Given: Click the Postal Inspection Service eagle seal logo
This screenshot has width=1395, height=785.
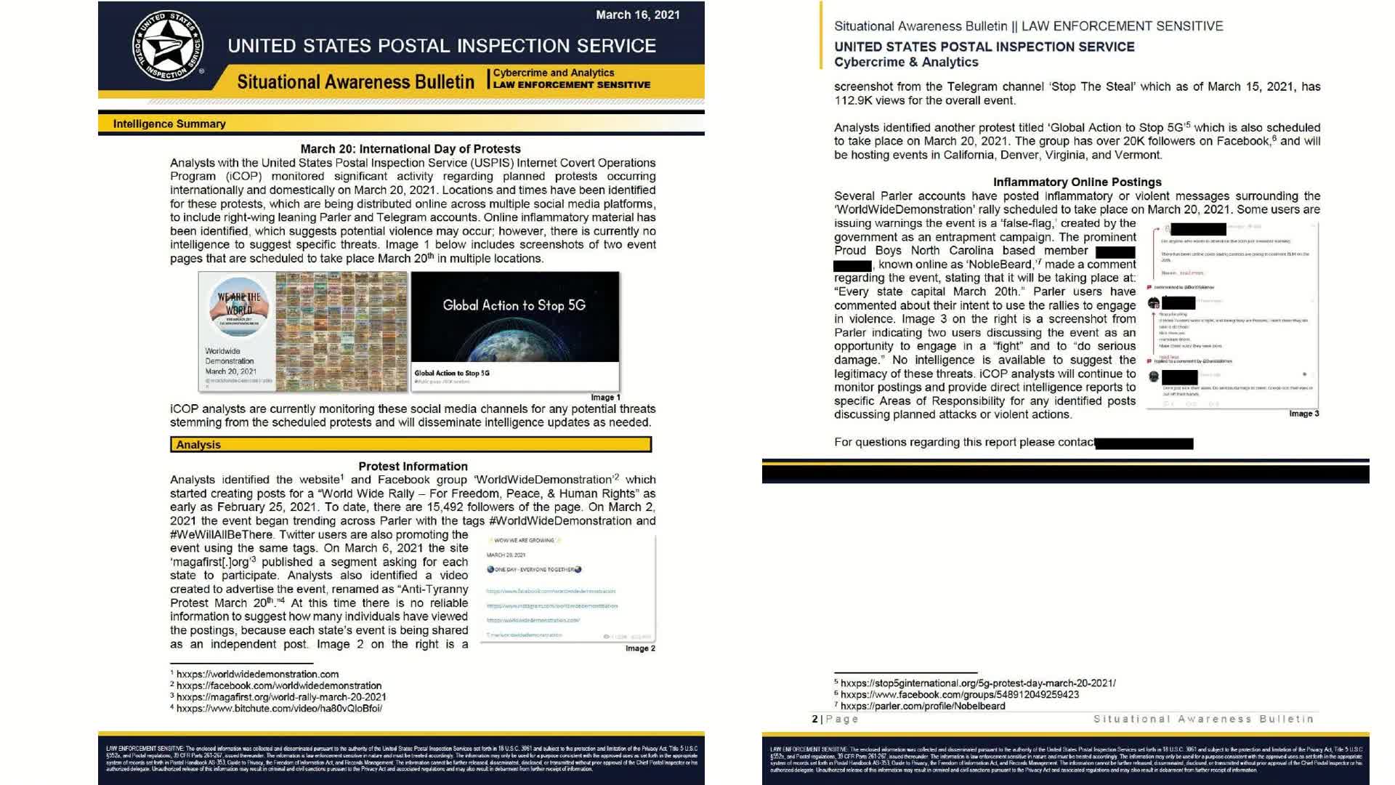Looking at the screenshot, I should (x=168, y=46).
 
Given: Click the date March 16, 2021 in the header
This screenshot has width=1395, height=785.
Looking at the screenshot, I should (x=637, y=15).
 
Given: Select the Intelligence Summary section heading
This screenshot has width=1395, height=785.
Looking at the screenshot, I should (x=169, y=124).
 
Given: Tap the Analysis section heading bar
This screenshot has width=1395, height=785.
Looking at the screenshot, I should (x=411, y=444).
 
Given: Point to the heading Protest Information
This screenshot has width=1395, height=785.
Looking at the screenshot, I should (x=413, y=466).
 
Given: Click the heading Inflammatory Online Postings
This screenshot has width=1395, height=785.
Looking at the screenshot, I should (x=1077, y=182).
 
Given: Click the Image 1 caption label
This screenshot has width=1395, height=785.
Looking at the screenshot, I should (x=605, y=398).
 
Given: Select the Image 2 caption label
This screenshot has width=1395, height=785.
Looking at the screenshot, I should (x=640, y=648).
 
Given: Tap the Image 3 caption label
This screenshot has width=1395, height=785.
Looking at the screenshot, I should (x=1303, y=414).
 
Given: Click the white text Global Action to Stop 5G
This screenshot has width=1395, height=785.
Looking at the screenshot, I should (x=514, y=305).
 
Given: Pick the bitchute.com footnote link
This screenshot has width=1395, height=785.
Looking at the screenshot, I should (x=279, y=708).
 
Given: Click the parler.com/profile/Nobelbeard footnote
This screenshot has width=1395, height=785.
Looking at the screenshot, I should (x=923, y=706).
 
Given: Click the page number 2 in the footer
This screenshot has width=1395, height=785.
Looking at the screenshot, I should (x=814, y=719).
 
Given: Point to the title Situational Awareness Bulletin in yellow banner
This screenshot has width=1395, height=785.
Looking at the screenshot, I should (x=355, y=81).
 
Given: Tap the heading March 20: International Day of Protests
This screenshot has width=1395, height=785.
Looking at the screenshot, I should (x=411, y=148).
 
